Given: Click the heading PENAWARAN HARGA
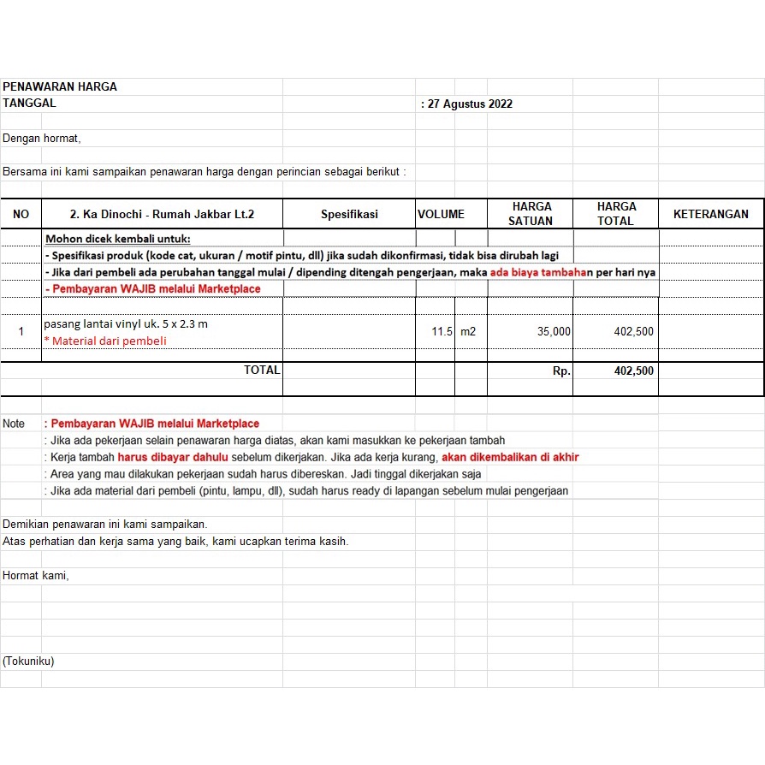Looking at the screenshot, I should [60, 86].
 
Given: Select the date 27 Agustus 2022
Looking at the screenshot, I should [469, 104].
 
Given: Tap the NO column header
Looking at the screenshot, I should [21, 214].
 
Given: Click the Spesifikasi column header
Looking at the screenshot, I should [349, 214].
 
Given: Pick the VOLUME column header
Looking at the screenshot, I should [441, 214].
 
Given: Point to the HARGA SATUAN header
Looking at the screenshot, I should [531, 214].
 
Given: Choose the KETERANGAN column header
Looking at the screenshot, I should [710, 214].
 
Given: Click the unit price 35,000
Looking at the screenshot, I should [554, 331].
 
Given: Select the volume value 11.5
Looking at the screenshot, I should [442, 331].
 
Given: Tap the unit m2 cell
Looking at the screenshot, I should [467, 331].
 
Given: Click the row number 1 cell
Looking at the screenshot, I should [21, 331].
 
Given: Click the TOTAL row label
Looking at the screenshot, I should [262, 371].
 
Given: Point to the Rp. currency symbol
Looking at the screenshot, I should [561, 371].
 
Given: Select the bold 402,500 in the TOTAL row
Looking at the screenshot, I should [633, 371].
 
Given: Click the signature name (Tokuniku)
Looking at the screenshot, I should [28, 661].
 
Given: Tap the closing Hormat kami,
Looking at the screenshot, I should [35, 576].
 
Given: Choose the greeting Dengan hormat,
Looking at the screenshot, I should [42, 138].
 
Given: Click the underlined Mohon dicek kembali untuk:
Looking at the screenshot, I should [118, 239].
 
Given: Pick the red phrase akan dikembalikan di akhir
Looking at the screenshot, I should [510, 457].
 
